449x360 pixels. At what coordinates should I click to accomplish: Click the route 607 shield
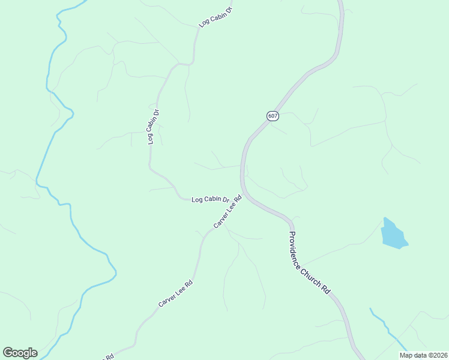tap(273, 116)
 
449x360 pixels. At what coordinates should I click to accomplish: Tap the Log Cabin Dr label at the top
tap(215, 17)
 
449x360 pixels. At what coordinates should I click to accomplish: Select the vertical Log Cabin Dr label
tap(154, 126)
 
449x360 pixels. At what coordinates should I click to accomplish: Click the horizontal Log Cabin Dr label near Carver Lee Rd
tap(210, 199)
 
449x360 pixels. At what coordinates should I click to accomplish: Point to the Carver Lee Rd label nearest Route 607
tap(228, 211)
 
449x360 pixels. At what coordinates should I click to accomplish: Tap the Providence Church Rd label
tap(309, 263)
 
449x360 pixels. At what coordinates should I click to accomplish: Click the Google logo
tap(20, 352)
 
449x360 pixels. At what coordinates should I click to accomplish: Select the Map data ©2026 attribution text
tap(423, 355)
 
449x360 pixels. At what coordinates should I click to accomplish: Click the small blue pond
tap(393, 234)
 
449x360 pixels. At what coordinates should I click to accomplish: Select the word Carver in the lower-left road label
tap(166, 300)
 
